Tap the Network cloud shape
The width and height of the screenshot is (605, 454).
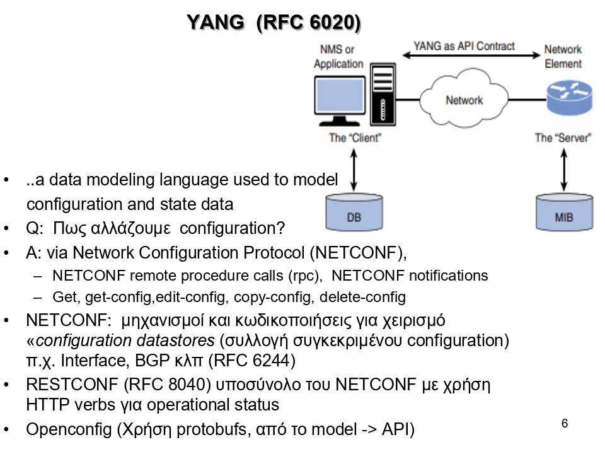click(x=464, y=99)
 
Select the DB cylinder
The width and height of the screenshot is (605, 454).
click(x=354, y=212)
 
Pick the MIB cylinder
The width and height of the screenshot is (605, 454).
click(x=563, y=212)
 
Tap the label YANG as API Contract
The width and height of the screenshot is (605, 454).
click(x=464, y=46)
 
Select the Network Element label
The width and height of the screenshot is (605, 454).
click(x=563, y=56)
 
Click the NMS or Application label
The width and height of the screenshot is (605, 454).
click(x=338, y=56)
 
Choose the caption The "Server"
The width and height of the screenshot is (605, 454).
click(x=563, y=137)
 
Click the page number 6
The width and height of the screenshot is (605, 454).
click(x=565, y=423)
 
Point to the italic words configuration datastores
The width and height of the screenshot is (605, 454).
click(x=125, y=341)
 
